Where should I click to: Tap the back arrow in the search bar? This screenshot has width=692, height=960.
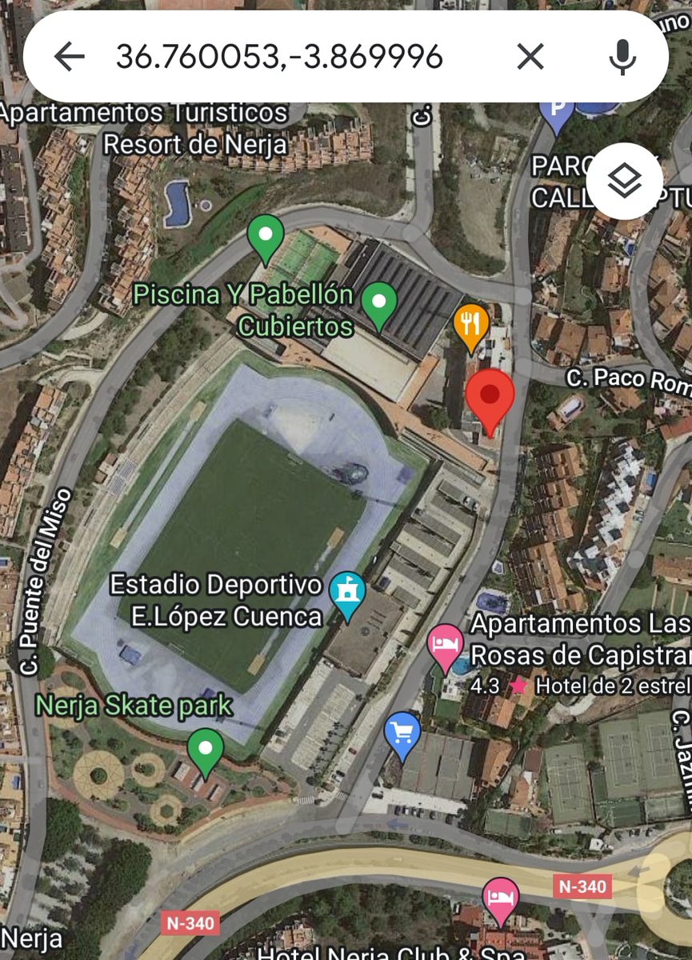pos(70,57)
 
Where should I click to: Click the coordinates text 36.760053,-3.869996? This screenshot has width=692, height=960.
pos(278,57)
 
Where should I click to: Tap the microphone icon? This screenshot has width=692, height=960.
pos(622,57)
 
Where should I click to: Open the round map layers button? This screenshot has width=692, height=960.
pos(624,182)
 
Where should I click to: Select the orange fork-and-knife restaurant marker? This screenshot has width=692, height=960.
pos(471,325)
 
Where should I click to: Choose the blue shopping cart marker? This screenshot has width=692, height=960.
pos(402,734)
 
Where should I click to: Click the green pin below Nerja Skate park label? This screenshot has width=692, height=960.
pos(206,750)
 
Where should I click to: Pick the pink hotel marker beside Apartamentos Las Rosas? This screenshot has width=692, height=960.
pos(446,645)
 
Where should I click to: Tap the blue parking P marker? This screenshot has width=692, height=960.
pos(557,111)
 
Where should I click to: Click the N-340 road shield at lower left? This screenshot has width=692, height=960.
pos(190,923)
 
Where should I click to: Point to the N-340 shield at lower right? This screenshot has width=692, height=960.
pos(582,886)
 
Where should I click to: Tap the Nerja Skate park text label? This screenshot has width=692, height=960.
pos(134,706)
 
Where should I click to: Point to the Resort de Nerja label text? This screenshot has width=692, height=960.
pos(195,144)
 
